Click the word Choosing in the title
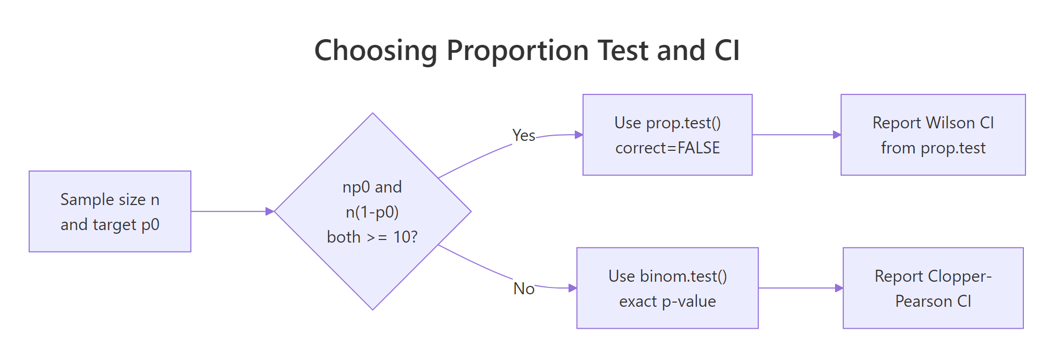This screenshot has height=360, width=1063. click(376, 51)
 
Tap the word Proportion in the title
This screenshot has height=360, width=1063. click(518, 51)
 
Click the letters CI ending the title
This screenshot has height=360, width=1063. click(727, 51)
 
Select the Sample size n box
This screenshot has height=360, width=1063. click(110, 211)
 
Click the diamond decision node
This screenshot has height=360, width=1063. click(372, 157)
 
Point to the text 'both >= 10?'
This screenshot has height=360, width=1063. click(372, 237)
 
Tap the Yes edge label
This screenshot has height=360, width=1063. click(524, 136)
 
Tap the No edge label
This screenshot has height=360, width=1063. click(524, 289)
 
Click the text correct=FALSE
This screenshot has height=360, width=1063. click(667, 148)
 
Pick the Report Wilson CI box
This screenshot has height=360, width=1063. click(933, 135)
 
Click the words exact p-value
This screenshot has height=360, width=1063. click(667, 302)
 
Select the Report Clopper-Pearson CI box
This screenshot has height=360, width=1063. click(933, 288)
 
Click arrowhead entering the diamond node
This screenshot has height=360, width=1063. click(270, 211)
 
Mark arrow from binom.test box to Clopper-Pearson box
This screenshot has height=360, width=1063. click(800, 288)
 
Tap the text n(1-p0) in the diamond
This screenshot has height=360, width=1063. click(372, 212)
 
